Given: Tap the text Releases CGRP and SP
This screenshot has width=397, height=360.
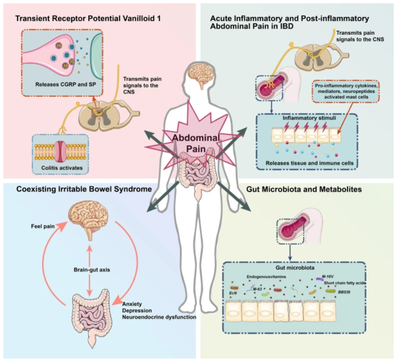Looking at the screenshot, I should coord(70,86).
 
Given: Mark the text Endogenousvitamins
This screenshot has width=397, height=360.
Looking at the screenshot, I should coord(269,275).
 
